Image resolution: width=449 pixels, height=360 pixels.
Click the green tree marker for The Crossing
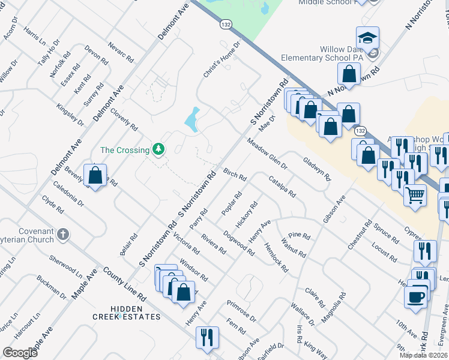tap(158, 148)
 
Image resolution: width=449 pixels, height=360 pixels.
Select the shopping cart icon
tap(415, 194)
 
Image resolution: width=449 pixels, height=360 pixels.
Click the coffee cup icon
tap(416, 296)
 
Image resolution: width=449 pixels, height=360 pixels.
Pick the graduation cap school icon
tap(367, 38)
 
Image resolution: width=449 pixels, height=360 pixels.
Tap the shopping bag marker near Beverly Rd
tap(95, 175)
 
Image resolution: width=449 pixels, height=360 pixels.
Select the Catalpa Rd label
tap(282, 188)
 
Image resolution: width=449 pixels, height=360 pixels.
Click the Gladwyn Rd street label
tap(316, 169)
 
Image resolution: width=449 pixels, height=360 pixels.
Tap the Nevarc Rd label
tap(120, 53)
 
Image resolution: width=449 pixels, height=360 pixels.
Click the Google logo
tap(20, 353)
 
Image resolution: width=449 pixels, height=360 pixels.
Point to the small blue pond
tap(192, 120)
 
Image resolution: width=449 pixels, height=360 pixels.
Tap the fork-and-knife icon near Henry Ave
tap(207, 337)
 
